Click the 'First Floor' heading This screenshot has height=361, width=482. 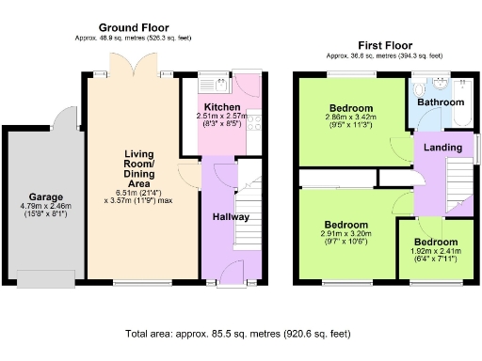(x=386, y=45)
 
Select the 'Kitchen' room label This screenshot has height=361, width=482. (x=218, y=106)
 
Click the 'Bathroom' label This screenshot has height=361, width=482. (x=441, y=102)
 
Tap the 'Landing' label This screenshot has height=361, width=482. (x=442, y=148)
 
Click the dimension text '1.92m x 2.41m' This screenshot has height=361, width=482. (x=434, y=252)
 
